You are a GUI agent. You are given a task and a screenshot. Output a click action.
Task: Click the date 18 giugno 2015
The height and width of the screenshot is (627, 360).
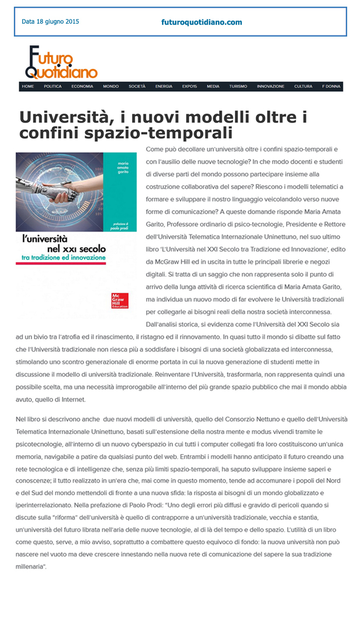coord(50,22)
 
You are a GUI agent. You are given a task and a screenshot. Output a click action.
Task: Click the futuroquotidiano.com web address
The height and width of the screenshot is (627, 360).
coord(202,22)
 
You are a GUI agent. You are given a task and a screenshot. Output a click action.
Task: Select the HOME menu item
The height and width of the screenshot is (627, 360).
coord(28,86)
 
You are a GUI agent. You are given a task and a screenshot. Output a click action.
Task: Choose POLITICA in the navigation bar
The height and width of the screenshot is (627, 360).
coord(52,86)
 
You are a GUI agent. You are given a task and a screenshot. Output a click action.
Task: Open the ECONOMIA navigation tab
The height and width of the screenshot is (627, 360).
coord(82,86)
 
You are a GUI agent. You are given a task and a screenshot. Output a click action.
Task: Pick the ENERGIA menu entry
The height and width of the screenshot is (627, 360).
coord(164,86)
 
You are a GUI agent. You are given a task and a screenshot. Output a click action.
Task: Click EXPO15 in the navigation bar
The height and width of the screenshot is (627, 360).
coord(189,86)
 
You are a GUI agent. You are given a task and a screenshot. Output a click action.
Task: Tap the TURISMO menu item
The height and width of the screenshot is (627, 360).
coord(238,86)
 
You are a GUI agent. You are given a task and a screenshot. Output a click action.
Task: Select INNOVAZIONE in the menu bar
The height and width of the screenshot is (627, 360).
coord(271,86)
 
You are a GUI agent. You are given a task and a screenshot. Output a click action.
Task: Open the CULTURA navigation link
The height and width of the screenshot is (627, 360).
coord(303,86)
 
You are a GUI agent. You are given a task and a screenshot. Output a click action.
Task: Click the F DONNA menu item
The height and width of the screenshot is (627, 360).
coord(331,86)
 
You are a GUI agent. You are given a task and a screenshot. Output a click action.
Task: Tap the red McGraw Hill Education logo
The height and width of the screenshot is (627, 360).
coord(120,300)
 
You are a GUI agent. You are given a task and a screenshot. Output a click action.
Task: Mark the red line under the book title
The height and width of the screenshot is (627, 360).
coord(61,263)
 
